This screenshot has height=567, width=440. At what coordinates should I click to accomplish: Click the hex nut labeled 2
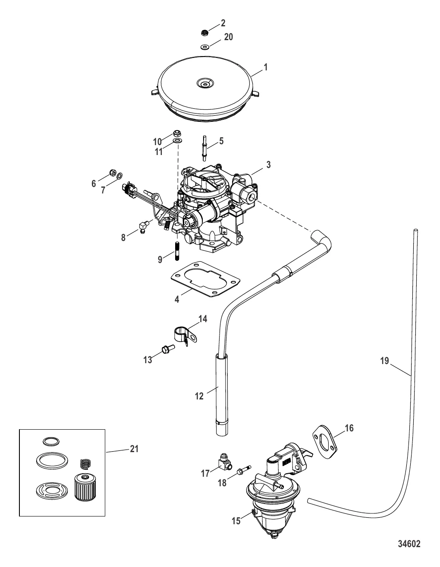coord(205,33)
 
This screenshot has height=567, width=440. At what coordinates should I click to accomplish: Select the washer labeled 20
coord(204,47)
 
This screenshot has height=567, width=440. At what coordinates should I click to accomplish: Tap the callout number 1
coord(266,67)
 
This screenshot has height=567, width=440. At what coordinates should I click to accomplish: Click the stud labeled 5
coord(204,149)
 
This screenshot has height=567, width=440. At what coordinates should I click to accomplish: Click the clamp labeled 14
coord(185,336)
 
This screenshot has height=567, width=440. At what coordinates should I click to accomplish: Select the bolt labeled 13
coord(168,348)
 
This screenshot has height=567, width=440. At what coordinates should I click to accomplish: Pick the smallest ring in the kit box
coord(51,441)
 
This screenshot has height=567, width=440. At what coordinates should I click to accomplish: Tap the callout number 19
coord(384,361)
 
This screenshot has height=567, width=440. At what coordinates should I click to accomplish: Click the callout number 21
coord(134,449)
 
